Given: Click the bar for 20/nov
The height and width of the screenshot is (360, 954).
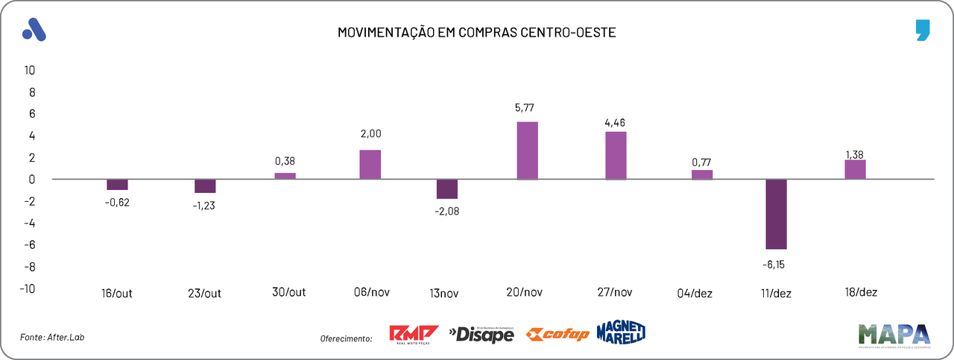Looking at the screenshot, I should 527,151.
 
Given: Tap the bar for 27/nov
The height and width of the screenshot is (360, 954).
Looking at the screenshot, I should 616,155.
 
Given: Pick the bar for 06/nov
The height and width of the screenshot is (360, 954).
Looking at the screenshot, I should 370,164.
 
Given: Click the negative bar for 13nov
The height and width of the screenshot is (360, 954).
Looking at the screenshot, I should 447,189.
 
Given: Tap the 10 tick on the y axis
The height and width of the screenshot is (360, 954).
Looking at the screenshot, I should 30,71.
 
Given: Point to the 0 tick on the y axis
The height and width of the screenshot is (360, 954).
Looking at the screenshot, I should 32,180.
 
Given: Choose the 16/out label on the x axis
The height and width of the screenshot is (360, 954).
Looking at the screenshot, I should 116,293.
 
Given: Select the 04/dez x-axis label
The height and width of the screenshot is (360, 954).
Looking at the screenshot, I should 695,293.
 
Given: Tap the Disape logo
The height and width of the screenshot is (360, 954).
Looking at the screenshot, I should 481,335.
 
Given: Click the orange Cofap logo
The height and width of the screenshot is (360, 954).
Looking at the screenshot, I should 557,335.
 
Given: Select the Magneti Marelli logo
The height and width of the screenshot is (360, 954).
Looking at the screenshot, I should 621,332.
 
